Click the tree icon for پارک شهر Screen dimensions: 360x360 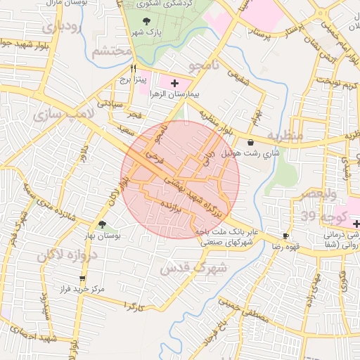[x=146, y=22]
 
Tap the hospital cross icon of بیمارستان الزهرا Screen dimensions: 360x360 [x=174, y=84]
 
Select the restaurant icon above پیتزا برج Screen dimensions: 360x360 [x=133, y=68]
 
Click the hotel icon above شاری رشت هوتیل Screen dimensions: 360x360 [x=251, y=142]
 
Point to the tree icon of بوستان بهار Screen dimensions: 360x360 [x=103, y=225]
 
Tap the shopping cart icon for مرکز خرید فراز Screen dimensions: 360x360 [x=82, y=279]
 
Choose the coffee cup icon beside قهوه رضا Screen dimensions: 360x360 [x=285, y=236]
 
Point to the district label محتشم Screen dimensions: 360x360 [x=111, y=51]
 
